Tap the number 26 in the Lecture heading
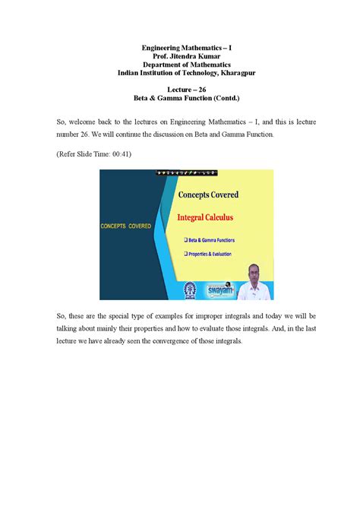coord(202,90)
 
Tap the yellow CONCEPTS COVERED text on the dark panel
coord(126,226)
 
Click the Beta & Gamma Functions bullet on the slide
coord(209,240)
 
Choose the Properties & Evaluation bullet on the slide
coord(209,254)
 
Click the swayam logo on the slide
coord(216,286)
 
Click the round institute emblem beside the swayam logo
coord(190,288)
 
